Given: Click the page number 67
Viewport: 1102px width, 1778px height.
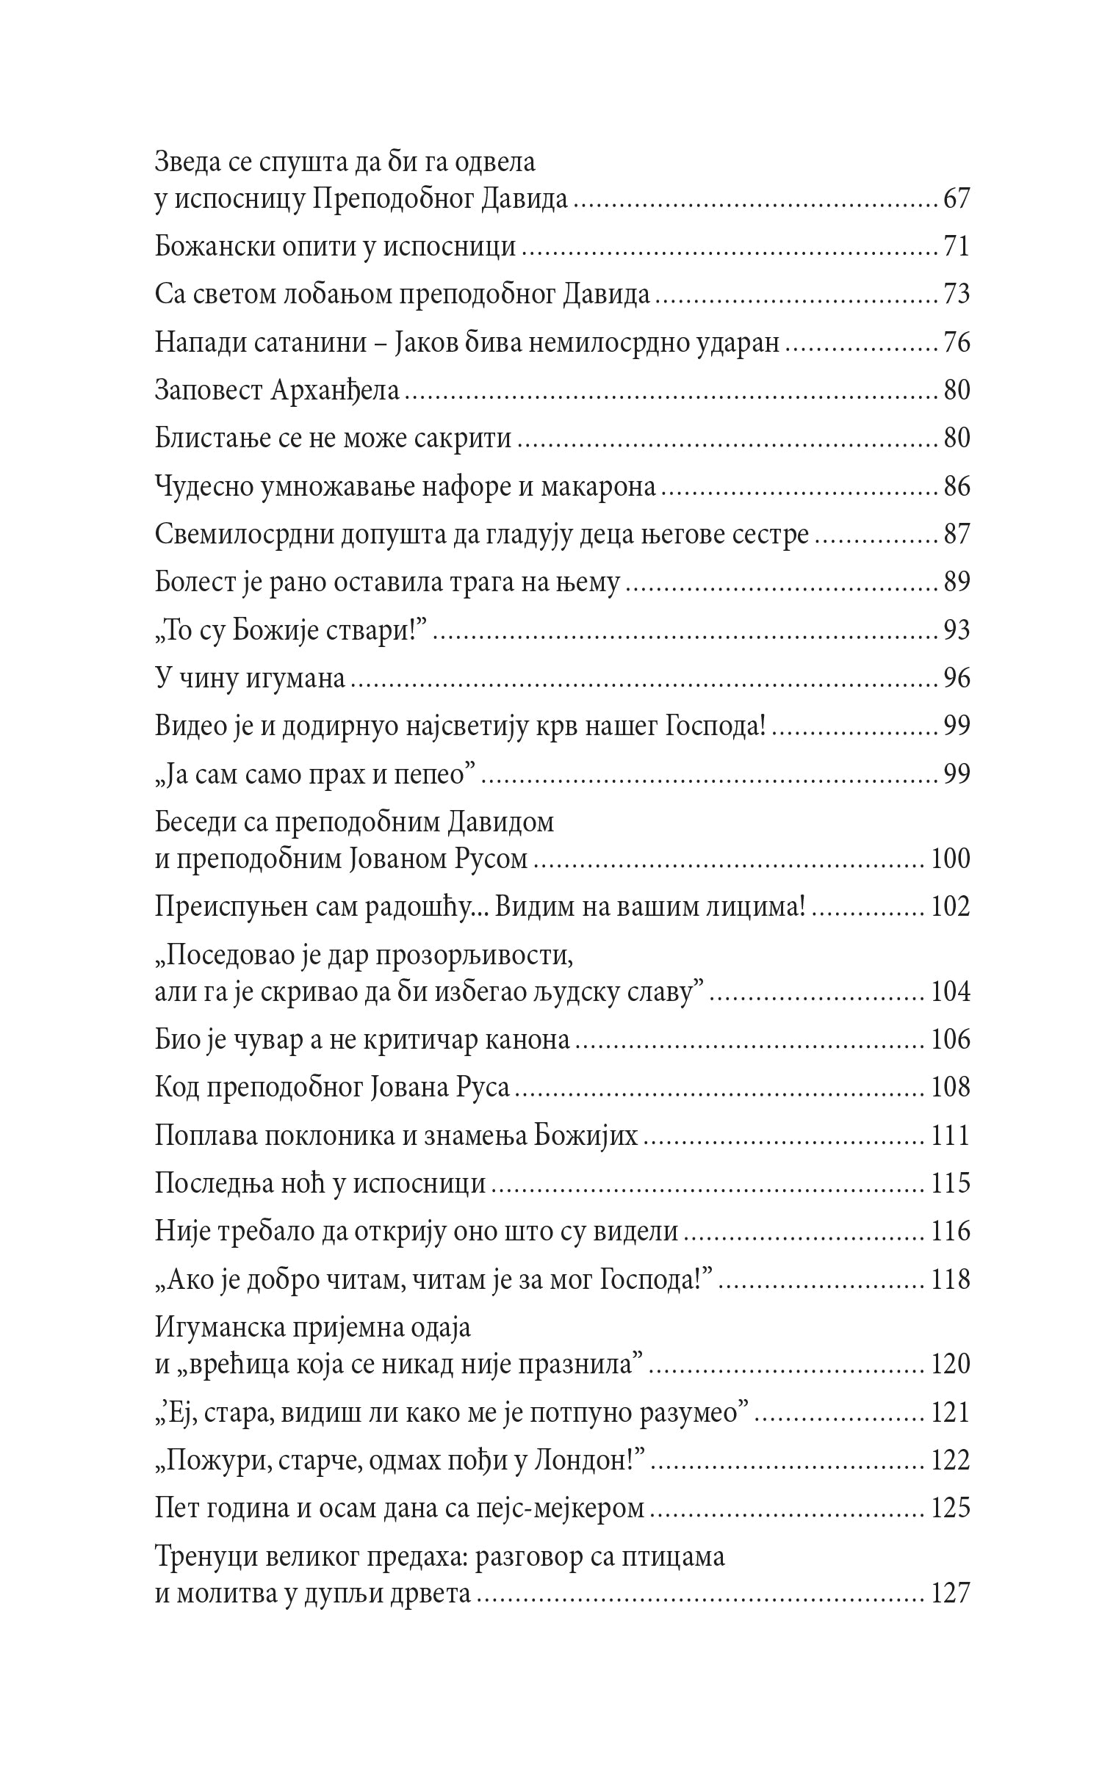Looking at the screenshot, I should click(956, 199).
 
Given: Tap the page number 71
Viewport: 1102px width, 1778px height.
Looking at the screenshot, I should click(956, 247).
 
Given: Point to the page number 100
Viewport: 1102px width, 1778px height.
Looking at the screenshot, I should click(950, 858).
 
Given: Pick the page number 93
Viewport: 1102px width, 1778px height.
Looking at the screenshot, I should click(956, 629).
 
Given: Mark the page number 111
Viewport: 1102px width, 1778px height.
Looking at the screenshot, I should click(950, 1135).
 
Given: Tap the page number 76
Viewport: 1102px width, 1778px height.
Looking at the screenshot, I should click(956, 342).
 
